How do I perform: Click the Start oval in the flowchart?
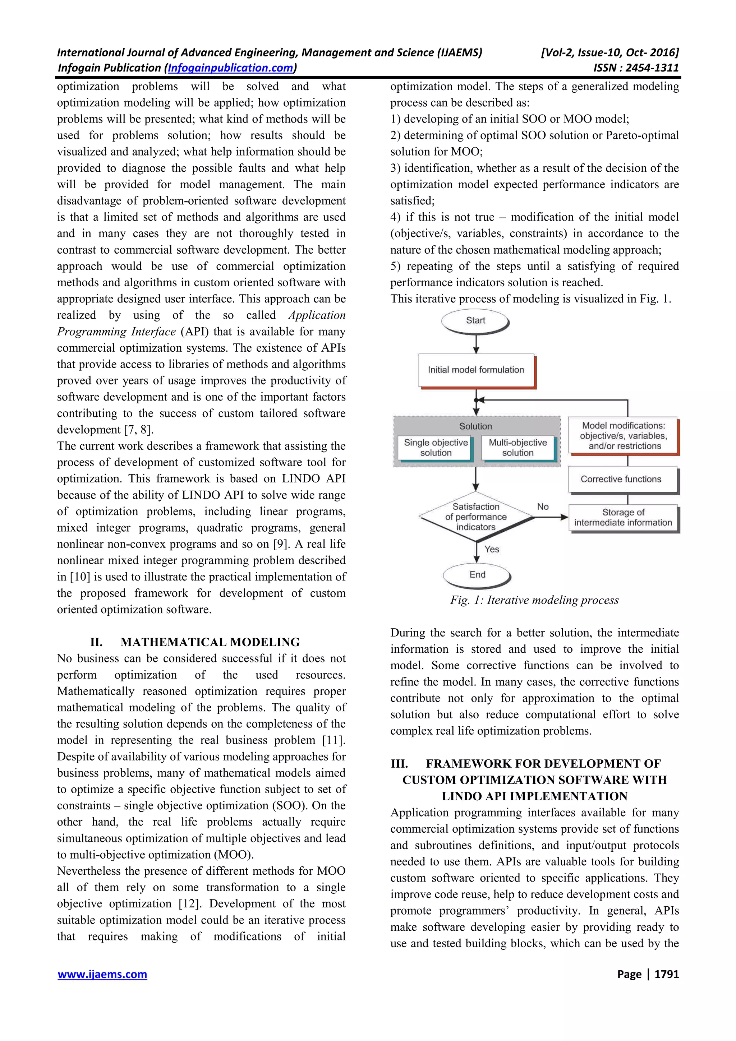475,320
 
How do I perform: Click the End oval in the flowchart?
477,574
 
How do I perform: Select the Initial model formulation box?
476,370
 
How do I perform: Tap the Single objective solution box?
435,448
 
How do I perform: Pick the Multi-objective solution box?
517,448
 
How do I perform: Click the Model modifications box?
623,436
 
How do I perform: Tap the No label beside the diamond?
542,506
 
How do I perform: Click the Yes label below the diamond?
492,549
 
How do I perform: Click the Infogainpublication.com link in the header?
231,68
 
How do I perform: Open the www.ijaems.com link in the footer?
102,974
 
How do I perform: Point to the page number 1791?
666,974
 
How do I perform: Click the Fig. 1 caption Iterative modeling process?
534,600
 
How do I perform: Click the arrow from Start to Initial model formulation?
476,344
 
